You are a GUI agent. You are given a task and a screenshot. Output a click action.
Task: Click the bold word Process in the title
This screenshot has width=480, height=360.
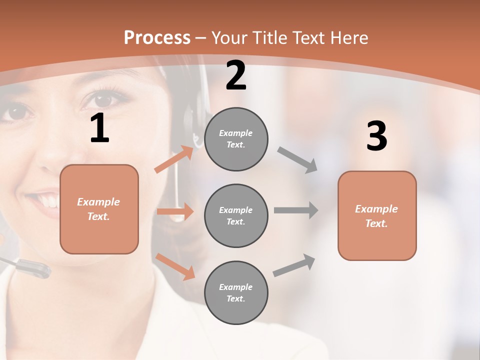[157, 37]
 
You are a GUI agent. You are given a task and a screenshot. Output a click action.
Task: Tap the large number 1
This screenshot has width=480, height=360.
[99, 128]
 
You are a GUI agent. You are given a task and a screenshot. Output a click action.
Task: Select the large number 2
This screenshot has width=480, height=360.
[236, 75]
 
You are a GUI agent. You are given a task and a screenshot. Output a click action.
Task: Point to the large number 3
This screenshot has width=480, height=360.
[376, 136]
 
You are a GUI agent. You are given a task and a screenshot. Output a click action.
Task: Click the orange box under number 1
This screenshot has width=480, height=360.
[99, 209]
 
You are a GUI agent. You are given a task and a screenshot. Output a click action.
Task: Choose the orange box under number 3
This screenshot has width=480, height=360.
[377, 215]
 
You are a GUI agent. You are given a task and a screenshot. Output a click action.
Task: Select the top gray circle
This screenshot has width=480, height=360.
[236, 139]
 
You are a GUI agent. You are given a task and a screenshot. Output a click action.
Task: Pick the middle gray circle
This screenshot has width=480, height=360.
[236, 215]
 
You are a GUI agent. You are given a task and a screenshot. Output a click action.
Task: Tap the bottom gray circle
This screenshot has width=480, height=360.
[236, 292]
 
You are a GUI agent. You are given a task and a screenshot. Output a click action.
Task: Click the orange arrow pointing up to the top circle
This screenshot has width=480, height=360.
[174, 159]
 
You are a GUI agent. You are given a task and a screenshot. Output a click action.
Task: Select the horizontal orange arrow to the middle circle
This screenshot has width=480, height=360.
[175, 211]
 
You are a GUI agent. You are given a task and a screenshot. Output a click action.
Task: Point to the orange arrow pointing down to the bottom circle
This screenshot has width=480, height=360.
[175, 266]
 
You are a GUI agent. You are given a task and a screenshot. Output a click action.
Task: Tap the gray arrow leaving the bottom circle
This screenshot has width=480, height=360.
[294, 265]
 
